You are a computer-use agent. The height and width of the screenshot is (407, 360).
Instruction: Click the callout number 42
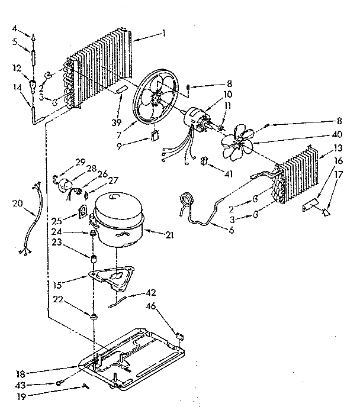(x=152, y=292)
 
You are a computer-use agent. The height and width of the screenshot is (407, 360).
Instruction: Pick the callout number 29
(x=81, y=161)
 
